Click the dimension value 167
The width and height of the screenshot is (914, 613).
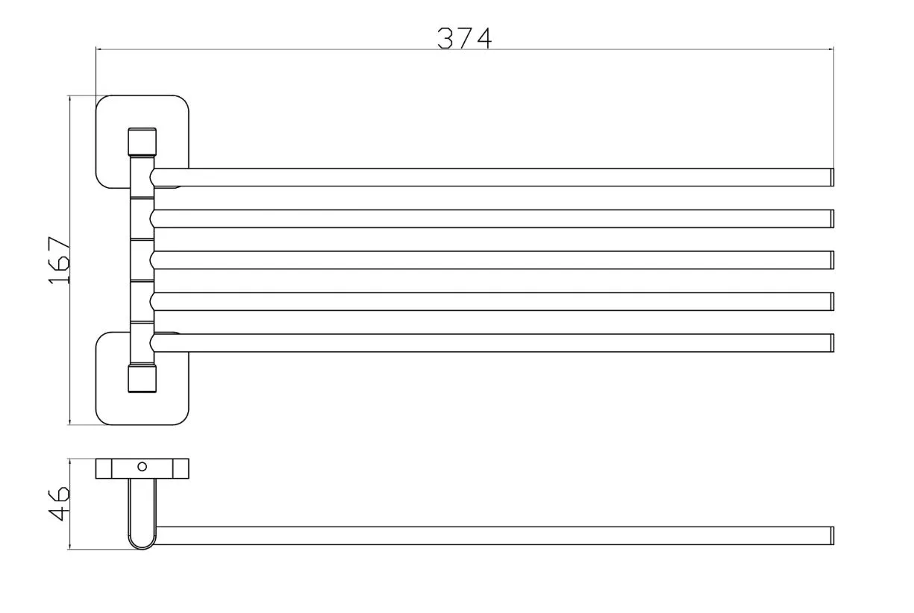pyautogui.click(x=58, y=260)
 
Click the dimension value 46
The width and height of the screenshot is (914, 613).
pyautogui.click(x=58, y=503)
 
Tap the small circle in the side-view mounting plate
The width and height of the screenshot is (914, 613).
pyautogui.click(x=143, y=467)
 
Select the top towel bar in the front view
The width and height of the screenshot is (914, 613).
pyautogui.click(x=492, y=177)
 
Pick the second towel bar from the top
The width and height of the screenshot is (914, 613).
pyautogui.click(x=492, y=219)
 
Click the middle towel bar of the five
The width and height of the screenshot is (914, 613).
pyautogui.click(x=492, y=260)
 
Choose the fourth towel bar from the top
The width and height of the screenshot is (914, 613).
pyautogui.click(x=492, y=301)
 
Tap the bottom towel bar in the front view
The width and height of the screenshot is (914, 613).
pyautogui.click(x=492, y=343)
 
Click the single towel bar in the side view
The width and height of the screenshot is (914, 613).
pyautogui.click(x=492, y=535)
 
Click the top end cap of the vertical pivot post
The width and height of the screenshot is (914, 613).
pyautogui.click(x=142, y=141)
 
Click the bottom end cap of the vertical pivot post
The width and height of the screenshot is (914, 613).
pyautogui.click(x=142, y=379)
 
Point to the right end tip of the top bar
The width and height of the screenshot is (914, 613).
pyautogui.click(x=830, y=177)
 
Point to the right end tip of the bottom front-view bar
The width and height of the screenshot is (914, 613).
pyautogui.click(x=830, y=343)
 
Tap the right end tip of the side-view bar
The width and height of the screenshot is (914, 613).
pyautogui.click(x=830, y=535)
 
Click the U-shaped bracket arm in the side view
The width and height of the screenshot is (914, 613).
pyautogui.click(x=142, y=515)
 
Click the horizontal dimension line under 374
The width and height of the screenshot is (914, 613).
pyautogui.click(x=298, y=49)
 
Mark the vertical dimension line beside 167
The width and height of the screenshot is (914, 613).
pyautogui.click(x=69, y=336)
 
